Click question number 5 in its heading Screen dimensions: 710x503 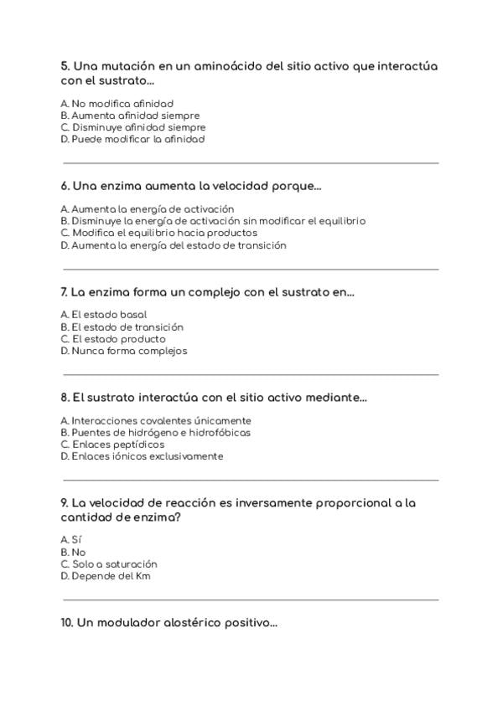click(65, 66)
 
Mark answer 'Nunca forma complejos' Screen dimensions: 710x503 click(124, 352)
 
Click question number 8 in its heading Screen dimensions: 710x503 click(65, 398)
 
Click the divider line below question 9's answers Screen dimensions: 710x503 click(251, 599)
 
